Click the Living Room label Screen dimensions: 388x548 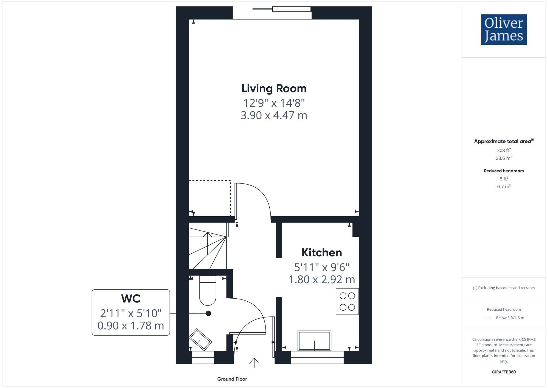coord(274,89)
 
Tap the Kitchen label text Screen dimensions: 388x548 coord(322,253)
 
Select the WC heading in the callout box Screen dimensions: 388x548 coord(131,299)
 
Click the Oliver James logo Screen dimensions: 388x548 coord(504,30)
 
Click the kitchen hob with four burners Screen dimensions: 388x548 coord(347,301)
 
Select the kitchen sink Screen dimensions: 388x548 coord(314,341)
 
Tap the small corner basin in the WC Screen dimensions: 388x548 coord(200,339)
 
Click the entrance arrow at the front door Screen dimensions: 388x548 coord(254,362)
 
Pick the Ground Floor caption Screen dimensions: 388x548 coord(232,379)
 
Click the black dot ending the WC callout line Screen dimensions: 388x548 coord(208,313)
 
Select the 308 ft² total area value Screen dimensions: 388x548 coord(504,150)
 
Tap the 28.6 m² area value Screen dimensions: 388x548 coord(504,158)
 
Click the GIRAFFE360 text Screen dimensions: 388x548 coord(504,372)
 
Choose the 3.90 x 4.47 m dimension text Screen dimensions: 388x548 coord(274,115)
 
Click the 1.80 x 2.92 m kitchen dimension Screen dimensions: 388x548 coord(322,279)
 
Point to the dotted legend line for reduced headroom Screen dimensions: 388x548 coord(488,318)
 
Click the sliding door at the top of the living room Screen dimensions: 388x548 coord(282,9)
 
